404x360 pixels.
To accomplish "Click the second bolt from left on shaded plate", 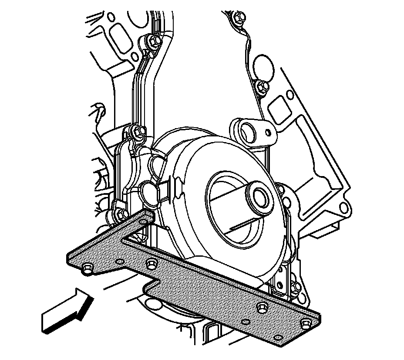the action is tap(151, 264).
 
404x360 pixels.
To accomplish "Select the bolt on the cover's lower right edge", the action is tap(296, 287).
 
